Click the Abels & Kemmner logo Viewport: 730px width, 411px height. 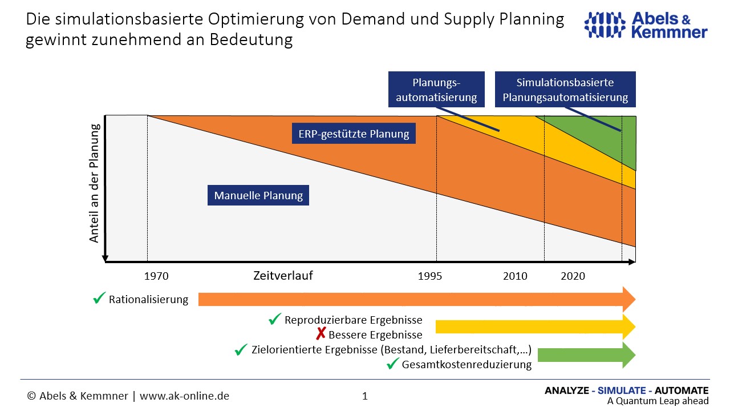click(x=646, y=26)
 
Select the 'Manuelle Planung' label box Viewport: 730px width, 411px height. click(x=258, y=196)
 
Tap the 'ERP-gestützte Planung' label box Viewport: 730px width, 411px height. click(x=354, y=134)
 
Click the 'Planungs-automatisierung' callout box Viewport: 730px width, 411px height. click(x=436, y=90)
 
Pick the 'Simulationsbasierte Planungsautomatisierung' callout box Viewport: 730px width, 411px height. click(x=565, y=90)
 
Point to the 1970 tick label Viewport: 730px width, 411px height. click(x=156, y=276)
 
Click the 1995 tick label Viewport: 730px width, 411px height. click(x=430, y=276)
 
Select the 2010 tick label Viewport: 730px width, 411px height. click(x=515, y=276)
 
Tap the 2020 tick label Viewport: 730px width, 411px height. click(x=573, y=276)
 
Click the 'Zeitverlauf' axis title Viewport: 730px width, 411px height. click(x=283, y=276)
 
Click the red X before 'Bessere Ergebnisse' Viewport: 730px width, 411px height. click(x=321, y=334)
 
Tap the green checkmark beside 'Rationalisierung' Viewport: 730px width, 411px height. click(x=99, y=298)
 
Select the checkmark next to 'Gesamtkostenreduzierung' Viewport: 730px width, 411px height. click(x=392, y=364)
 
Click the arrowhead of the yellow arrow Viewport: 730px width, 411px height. click(x=628, y=327)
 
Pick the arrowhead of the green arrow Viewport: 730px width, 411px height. click(x=628, y=355)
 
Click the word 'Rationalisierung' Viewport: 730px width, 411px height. click(x=148, y=300)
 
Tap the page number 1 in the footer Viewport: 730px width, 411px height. click(x=365, y=396)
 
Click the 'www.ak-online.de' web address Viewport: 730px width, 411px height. click(x=184, y=396)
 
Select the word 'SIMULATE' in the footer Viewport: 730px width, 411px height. click(x=623, y=391)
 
